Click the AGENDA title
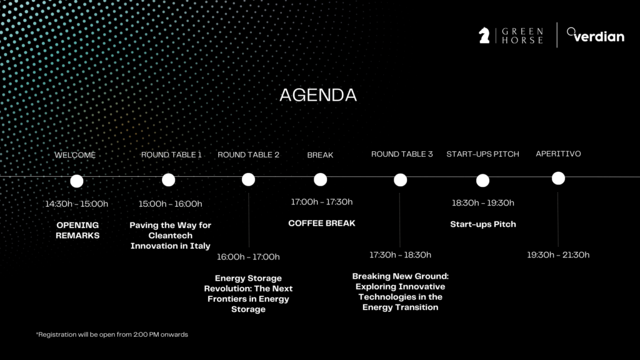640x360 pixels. tap(318, 96)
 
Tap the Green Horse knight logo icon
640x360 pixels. tap(484, 36)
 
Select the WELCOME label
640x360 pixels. tap(75, 155)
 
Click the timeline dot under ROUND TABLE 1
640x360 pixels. tap(168, 180)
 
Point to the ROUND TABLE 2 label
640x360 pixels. tap(248, 155)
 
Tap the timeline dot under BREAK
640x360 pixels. tap(321, 179)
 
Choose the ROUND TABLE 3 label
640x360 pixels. tap(402, 154)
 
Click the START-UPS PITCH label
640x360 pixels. tap(482, 154)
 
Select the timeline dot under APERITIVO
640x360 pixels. tap(558, 178)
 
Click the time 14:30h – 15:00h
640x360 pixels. tap(76, 204)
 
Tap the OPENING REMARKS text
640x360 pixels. tap(77, 230)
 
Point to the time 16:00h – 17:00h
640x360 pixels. tap(248, 257)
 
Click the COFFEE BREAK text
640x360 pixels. tap(322, 223)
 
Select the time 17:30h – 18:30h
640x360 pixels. tap(400, 255)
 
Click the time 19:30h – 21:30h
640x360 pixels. tap(558, 255)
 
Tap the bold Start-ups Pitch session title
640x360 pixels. tap(483, 224)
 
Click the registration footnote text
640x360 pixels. tap(112, 334)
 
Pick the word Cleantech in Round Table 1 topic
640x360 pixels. tap(170, 236)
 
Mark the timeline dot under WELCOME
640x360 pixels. tap(77, 181)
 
